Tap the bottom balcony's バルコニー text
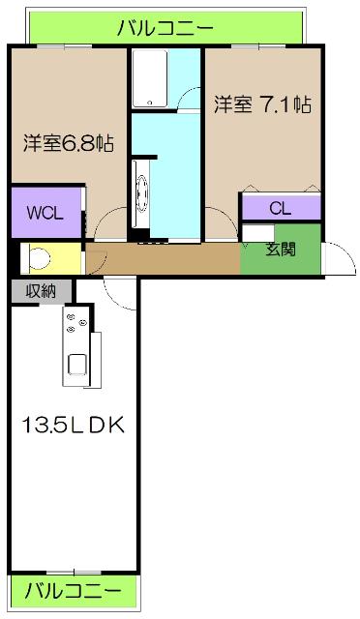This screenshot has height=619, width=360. click(73, 589)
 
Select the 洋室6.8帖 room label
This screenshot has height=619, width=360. click(69, 143)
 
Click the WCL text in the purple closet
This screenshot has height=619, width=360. click(45, 213)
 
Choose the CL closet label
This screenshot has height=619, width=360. click(280, 207)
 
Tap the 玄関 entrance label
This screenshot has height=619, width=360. click(281, 250)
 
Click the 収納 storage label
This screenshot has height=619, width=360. click(42, 290)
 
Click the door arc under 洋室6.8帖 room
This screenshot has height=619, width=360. click(109, 225)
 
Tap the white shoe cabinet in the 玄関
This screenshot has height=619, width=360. click(255, 232)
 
